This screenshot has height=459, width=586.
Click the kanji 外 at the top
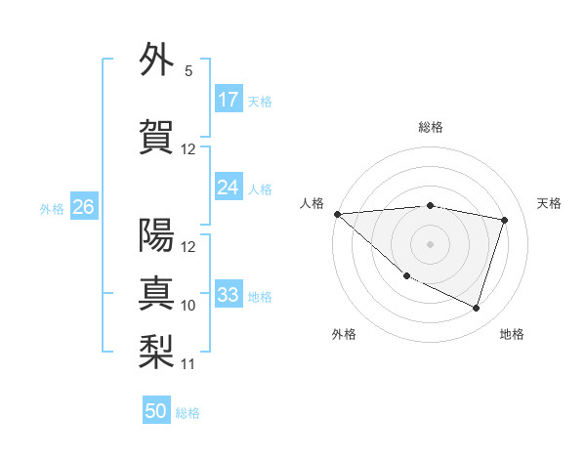coord(157,61)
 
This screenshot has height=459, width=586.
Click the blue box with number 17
coord(229,100)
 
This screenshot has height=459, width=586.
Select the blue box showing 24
coord(229,188)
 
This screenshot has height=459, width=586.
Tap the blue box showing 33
coord(229,295)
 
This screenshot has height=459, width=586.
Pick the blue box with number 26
coord(83,207)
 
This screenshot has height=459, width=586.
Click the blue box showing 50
coord(156,411)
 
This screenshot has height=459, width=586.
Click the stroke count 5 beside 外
coord(188,71)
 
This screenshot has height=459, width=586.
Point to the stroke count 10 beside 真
coord(188,306)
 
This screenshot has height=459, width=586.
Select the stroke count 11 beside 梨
coord(188,364)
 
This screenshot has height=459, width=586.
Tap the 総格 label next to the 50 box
coord(188,413)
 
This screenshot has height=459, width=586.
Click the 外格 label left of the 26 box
coord(52,208)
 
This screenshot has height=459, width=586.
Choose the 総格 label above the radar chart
coord(430,127)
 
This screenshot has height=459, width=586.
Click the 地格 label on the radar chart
coord(512,334)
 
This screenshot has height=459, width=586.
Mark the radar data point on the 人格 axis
coord(337,214)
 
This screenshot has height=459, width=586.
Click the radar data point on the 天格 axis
coord(505,220)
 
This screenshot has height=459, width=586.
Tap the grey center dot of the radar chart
coord(430,243)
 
